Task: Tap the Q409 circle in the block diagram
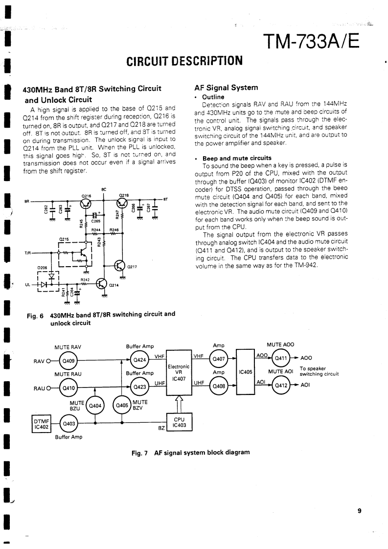pos(66,362)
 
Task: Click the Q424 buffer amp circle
pos(140,361)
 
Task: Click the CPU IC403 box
pos(179,424)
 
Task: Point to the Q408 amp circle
pos(218,385)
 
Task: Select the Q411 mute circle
pos(280,358)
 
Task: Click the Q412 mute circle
pos(280,385)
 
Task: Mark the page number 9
pos(359,511)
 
